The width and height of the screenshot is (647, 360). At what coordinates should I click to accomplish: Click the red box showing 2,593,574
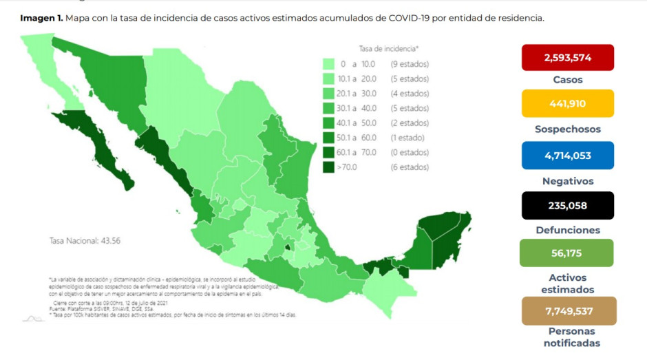(567, 58)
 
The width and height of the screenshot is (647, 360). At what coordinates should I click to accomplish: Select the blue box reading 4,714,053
(567, 155)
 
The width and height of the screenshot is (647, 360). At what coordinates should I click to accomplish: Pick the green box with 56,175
(567, 253)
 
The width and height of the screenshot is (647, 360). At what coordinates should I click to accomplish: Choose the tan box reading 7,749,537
(567, 310)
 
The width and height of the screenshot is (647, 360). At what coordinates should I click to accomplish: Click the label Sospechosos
(567, 129)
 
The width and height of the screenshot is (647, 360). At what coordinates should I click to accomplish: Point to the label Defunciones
(567, 230)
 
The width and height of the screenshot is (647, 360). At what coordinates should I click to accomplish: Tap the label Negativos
(567, 181)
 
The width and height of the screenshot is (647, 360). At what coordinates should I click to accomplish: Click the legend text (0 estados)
(410, 152)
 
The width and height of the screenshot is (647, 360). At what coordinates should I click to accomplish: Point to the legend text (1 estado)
(408, 138)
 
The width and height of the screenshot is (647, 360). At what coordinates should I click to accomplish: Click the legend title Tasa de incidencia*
(388, 49)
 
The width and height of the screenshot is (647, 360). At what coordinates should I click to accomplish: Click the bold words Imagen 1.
(41, 18)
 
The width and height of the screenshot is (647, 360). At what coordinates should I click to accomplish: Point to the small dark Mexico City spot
(288, 245)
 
